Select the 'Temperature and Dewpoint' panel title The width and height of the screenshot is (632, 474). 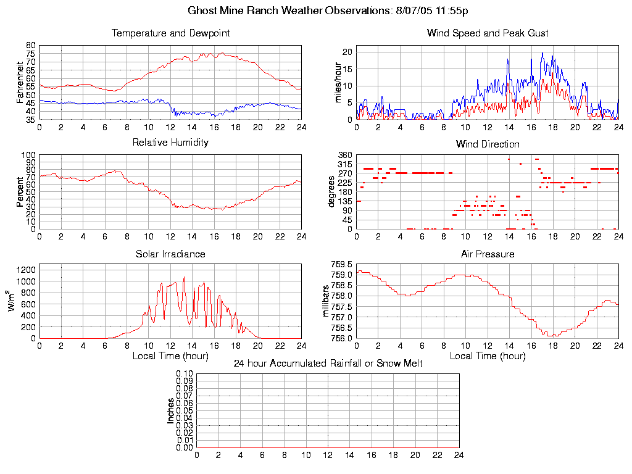point(170,33)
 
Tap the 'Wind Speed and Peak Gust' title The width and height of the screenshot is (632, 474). point(488,33)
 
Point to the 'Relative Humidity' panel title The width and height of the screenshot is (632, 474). point(170,143)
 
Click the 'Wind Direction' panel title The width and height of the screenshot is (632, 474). point(488,144)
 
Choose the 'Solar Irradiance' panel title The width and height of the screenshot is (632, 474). point(170,254)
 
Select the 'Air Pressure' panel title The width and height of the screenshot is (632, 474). point(488,254)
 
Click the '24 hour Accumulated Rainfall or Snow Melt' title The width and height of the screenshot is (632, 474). point(328,364)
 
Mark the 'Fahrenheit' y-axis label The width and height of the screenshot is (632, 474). point(20,82)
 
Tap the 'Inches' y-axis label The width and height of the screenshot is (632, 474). point(171,410)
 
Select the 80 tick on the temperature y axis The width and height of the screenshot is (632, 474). point(30,46)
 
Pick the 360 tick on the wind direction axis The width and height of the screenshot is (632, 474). point(344,155)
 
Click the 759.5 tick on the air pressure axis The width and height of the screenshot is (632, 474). point(341,264)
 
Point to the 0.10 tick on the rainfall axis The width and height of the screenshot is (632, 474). point(185,373)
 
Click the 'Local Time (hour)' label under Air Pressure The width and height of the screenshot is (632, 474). point(488,356)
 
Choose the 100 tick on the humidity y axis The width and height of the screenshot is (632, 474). point(28,155)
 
